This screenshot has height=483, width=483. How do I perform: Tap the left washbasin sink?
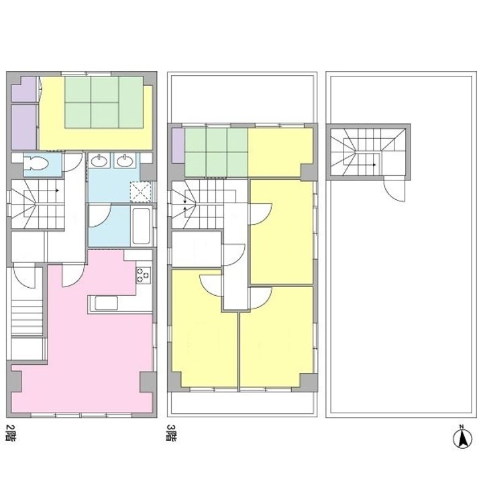pos(99,160)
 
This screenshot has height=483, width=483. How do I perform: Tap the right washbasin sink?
pos(125,160)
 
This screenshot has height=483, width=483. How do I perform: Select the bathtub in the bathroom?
pos(141,226)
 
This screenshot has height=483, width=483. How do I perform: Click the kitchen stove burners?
pos(144,275)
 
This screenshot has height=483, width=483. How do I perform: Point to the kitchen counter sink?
pos(106,303)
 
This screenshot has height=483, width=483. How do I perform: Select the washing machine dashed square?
pos(141,192)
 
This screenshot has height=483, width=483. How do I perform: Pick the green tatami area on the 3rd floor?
pos(216,152)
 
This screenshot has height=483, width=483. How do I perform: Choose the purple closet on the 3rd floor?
pos(178,146)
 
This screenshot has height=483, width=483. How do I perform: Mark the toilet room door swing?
pos(72,162)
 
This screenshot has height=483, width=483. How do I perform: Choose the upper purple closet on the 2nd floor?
pos(23,89)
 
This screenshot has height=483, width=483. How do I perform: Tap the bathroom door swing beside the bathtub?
pos(100,217)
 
